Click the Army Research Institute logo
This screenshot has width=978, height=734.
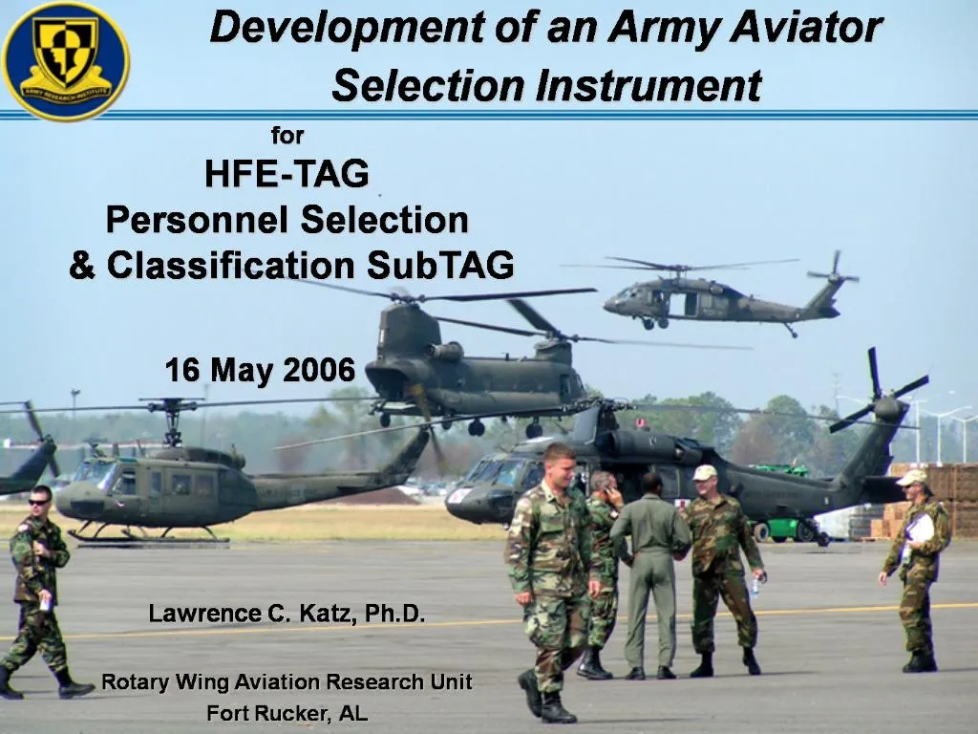coord(65,60)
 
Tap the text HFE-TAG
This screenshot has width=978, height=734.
coord(287,174)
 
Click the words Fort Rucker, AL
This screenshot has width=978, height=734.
coord(287,713)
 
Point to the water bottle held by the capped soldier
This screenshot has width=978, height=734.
coord(754,585)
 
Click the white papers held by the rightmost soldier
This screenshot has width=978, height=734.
coord(921,528)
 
